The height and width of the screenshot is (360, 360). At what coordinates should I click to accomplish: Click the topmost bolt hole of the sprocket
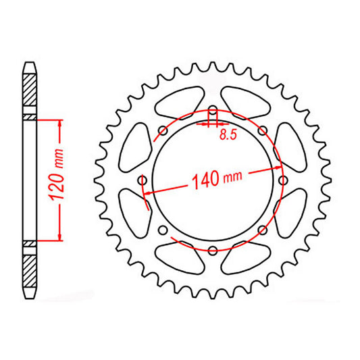[x=213, y=110]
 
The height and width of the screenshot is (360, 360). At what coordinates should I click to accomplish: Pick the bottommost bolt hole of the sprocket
[x=213, y=251]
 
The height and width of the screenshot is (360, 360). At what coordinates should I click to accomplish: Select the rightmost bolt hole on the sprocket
[x=284, y=180]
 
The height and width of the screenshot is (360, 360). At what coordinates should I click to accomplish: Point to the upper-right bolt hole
[x=263, y=130]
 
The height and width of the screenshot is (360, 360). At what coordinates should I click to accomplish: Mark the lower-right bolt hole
[x=263, y=230]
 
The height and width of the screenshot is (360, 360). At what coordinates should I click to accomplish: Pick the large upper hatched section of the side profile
[x=30, y=91]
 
